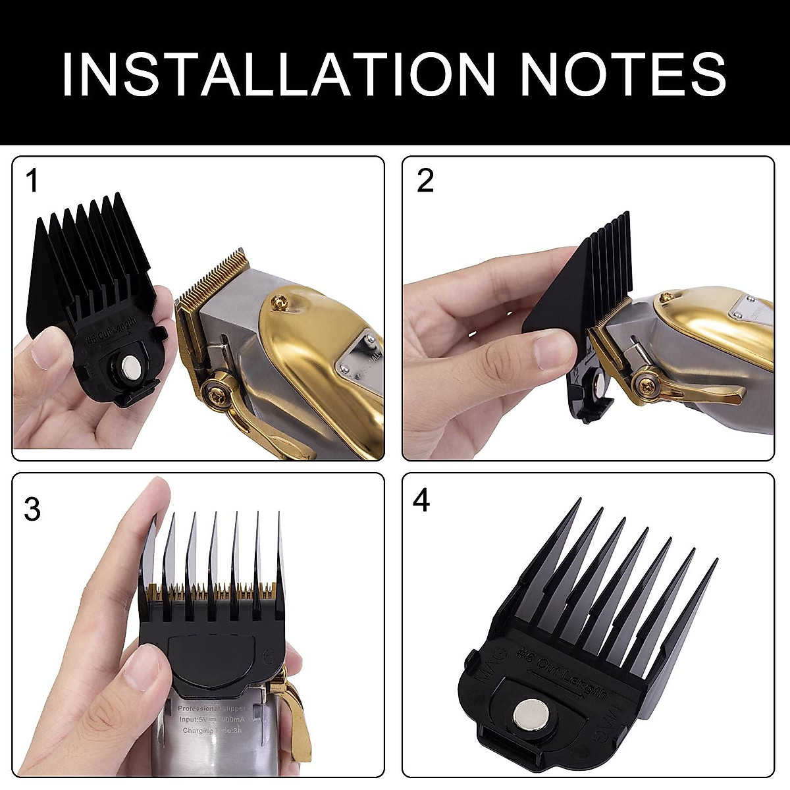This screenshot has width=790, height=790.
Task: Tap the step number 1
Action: click(x=32, y=181)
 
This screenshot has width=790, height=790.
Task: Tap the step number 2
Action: click(x=425, y=181)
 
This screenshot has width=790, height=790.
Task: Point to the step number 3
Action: click(x=32, y=509)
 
